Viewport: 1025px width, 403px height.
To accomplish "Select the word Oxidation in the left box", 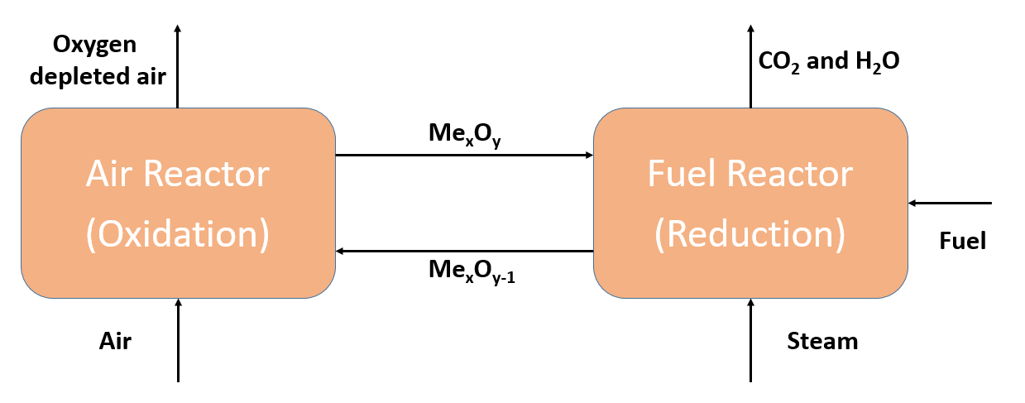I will tap(178, 234).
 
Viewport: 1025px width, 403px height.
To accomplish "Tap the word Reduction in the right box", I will tap(750, 234).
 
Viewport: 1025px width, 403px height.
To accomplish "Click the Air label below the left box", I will tap(116, 341).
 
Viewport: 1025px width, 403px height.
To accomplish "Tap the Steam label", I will tap(822, 341).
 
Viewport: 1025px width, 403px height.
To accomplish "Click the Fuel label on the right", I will tap(963, 241).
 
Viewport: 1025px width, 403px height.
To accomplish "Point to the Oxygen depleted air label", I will tap(110, 61).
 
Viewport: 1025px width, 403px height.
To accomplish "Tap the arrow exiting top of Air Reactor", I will tap(177, 66).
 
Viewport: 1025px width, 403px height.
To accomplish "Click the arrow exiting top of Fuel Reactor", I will tap(750, 66).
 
